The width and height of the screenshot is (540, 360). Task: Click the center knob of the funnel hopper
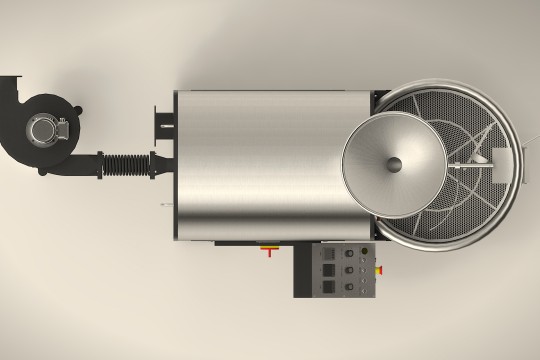(x=394, y=163)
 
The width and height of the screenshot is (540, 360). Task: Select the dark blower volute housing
(x=40, y=110)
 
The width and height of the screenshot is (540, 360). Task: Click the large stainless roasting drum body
(x=260, y=165)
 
